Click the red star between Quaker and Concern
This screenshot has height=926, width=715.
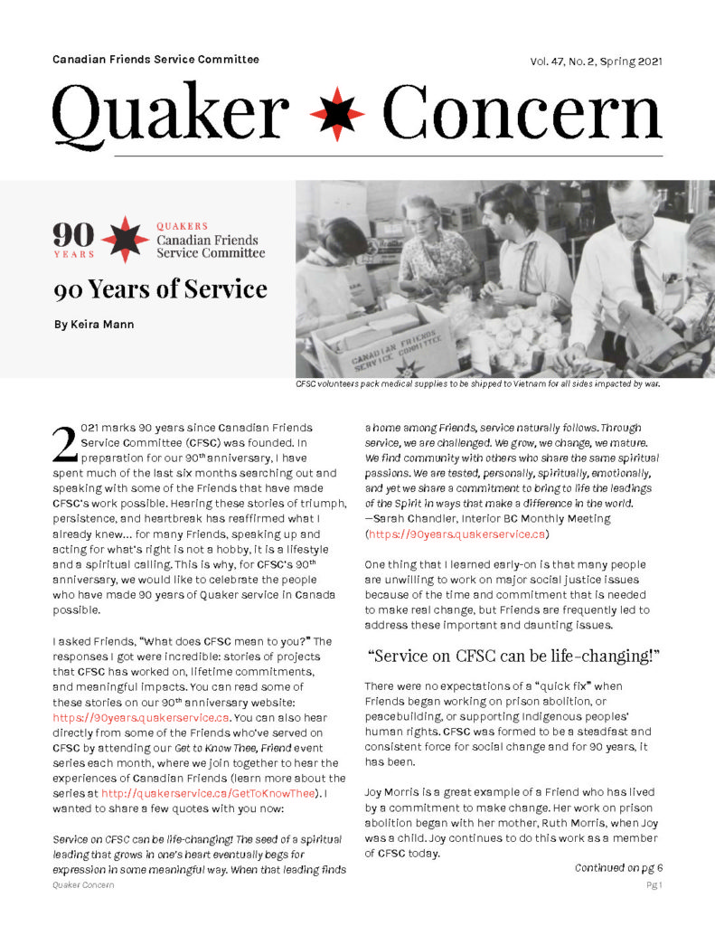tap(337, 114)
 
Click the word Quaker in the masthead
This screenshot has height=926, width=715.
tap(173, 113)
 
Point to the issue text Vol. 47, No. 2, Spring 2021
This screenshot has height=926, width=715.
tap(597, 61)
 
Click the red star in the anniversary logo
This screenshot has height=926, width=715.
tap(125, 239)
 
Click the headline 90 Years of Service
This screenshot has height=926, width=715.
tap(159, 289)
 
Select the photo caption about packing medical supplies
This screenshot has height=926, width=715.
tap(479, 384)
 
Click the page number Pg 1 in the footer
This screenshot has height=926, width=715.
tap(654, 885)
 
